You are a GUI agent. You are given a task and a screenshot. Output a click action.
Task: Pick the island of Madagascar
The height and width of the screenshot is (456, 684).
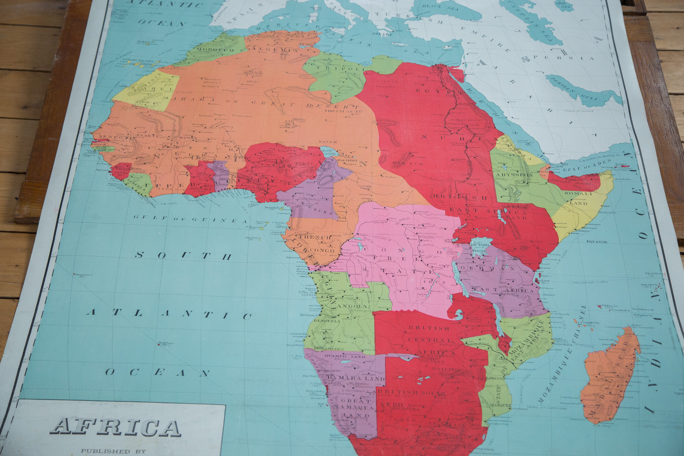click(609, 376)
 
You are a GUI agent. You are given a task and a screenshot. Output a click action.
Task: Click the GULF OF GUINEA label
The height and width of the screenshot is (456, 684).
click(190, 219)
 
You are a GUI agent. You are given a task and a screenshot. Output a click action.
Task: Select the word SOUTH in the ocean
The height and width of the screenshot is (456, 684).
click(183, 256)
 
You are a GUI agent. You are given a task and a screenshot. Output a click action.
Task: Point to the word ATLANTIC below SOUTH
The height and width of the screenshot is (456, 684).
click(169, 314)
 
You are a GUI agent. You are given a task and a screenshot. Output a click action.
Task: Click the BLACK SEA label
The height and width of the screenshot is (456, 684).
click(440, 6)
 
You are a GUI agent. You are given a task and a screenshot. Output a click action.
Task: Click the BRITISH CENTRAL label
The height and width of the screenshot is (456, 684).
click(429, 328)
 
